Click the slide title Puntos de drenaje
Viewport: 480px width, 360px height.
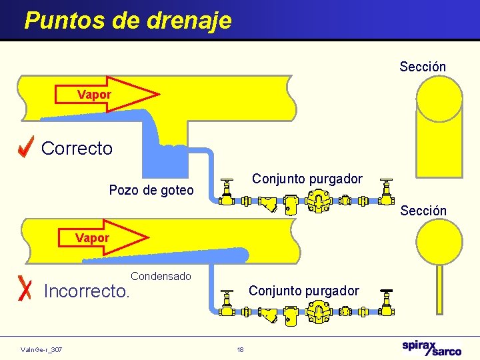(x=128, y=20)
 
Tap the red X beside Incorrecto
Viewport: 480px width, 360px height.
(x=26, y=287)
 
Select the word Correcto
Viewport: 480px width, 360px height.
(x=77, y=148)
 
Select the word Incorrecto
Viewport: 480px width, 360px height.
(x=86, y=291)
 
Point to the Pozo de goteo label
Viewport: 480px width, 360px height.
(x=151, y=191)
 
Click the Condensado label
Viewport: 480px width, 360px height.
(x=161, y=276)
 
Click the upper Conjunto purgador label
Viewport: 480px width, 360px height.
(x=307, y=179)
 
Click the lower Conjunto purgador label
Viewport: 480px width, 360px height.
(x=303, y=291)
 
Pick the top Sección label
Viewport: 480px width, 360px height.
(x=423, y=67)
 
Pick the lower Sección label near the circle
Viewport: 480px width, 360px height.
(x=423, y=211)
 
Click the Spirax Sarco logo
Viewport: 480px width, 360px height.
(x=431, y=347)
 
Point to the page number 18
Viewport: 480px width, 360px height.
(x=240, y=349)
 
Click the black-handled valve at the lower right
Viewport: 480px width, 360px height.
(x=386, y=303)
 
